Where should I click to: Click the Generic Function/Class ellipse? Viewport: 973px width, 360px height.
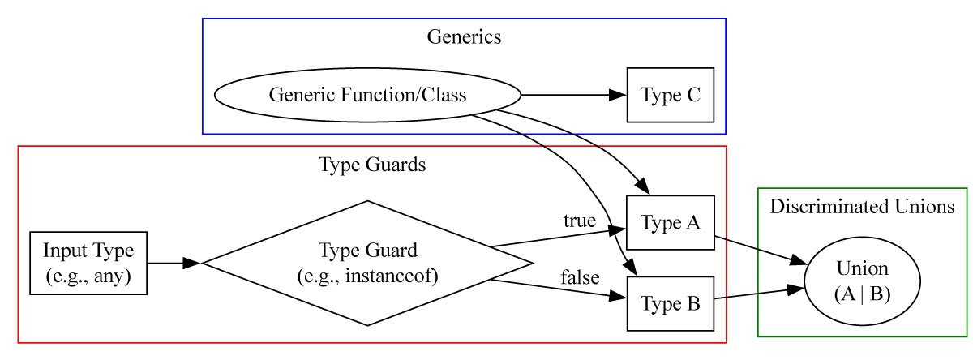tap(366, 95)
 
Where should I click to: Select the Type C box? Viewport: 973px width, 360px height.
tap(670, 95)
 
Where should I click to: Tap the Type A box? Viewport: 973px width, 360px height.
tap(670, 222)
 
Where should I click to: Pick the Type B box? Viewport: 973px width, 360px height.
tap(670, 304)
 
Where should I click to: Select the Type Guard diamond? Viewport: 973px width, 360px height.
tap(367, 263)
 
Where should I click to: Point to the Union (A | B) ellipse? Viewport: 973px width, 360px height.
tap(862, 281)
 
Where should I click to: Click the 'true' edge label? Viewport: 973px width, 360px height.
tap(580, 221)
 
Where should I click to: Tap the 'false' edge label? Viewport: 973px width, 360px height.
tap(580, 278)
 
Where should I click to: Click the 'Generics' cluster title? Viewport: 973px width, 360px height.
tap(463, 36)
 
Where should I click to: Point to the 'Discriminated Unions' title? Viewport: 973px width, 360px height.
tap(862, 206)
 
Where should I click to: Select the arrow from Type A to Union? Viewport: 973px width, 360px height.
tap(758, 249)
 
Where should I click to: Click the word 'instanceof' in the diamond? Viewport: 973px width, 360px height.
tap(392, 276)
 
